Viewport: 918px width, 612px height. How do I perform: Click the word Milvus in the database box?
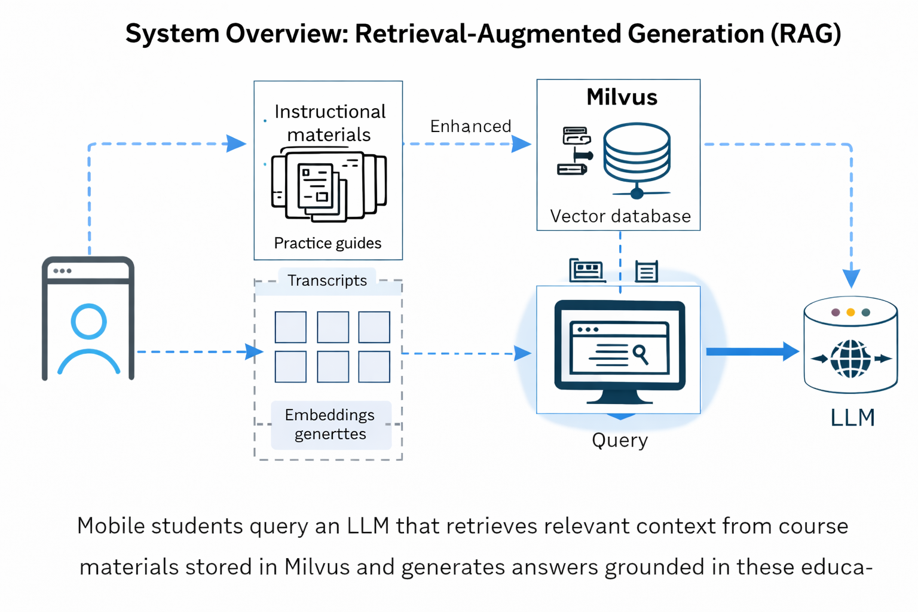coord(622,97)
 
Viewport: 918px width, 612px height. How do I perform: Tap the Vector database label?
coord(620,216)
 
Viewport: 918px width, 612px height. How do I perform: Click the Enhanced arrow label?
coord(470,127)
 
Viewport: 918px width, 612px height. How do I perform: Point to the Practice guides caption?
coord(328,243)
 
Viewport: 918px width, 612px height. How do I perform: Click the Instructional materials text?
coord(329,123)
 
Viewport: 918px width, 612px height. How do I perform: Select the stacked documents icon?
coord(328,186)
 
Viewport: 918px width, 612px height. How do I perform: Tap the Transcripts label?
coord(327,281)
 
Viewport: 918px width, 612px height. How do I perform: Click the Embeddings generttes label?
coord(330,424)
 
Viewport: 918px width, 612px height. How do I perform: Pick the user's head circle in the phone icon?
coord(88,322)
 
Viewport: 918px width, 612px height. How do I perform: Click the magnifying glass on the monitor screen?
coord(640,354)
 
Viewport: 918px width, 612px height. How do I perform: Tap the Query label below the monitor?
coord(620,440)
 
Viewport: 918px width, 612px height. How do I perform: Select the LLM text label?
coord(852,418)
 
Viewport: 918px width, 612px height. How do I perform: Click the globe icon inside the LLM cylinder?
coord(850,359)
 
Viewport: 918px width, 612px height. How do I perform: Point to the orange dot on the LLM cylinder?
coord(850,313)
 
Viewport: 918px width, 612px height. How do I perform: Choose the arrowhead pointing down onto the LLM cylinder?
coord(851,279)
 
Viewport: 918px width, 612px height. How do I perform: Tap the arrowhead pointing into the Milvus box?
coord(521,144)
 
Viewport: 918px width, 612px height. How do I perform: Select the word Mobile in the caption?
coord(111,527)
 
